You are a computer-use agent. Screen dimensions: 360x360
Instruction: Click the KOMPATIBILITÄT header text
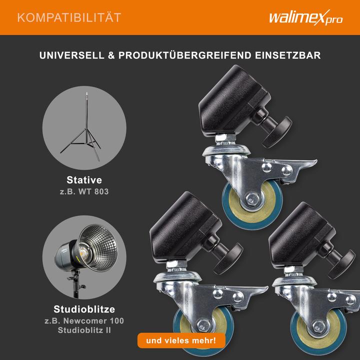(x=69, y=18)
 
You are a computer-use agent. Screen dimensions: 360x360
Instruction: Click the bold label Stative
(x=84, y=180)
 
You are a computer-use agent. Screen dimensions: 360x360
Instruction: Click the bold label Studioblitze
(x=84, y=309)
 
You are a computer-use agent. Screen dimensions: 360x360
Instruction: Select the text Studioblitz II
(x=84, y=330)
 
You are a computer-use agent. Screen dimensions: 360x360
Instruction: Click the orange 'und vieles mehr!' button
(x=181, y=341)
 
